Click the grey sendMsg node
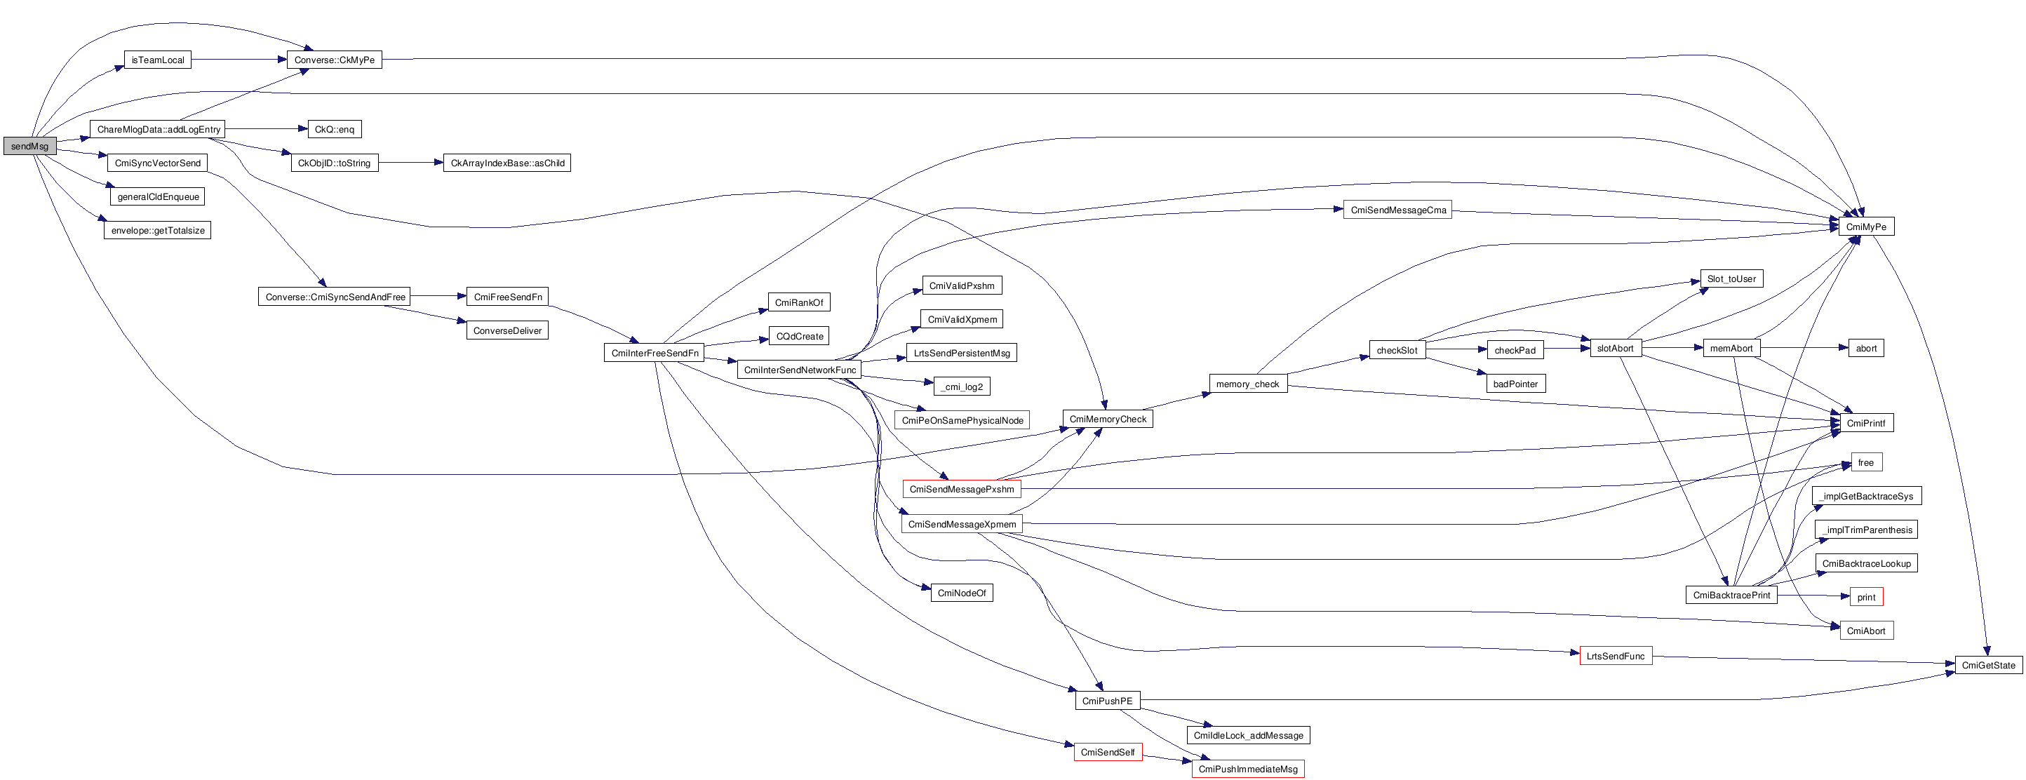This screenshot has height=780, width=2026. pyautogui.click(x=30, y=146)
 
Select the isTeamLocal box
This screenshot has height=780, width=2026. pyautogui.click(x=157, y=60)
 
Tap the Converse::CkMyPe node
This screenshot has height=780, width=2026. pyautogui.click(x=334, y=60)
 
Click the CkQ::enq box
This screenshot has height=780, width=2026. pyautogui.click(x=334, y=129)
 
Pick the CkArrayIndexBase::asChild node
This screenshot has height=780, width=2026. pyautogui.click(x=506, y=163)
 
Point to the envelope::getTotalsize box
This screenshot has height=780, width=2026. pyautogui.click(x=157, y=230)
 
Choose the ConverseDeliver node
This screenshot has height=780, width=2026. pyautogui.click(x=507, y=330)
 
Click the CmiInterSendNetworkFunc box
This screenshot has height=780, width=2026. pyautogui.click(x=799, y=370)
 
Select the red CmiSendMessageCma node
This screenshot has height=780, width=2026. pyautogui.click(x=1397, y=210)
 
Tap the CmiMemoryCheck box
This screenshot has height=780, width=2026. pyautogui.click(x=1108, y=419)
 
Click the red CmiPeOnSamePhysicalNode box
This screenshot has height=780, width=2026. pyautogui.click(x=962, y=421)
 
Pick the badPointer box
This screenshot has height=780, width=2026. pyautogui.click(x=1515, y=384)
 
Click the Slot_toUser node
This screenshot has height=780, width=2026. pyautogui.click(x=1731, y=278)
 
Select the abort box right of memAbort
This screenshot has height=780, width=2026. pyautogui.click(x=1865, y=349)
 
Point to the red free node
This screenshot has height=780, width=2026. pyautogui.click(x=1865, y=462)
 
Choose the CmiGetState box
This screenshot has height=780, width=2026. pyautogui.click(x=1987, y=665)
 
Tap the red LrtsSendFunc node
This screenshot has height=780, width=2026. pyautogui.click(x=1616, y=656)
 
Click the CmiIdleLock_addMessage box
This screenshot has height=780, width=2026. pyautogui.click(x=1248, y=735)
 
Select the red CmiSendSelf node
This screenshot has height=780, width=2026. pyautogui.click(x=1108, y=753)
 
